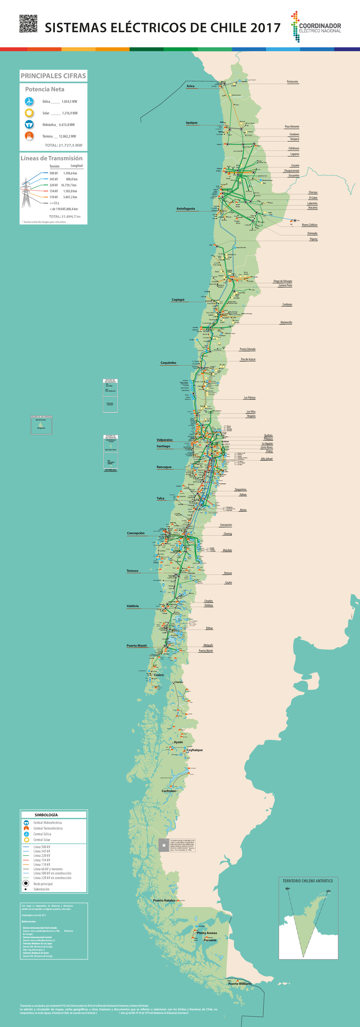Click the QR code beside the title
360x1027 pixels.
[28, 23]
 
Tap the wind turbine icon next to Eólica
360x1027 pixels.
[29, 101]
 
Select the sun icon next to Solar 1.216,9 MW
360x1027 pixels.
[29, 113]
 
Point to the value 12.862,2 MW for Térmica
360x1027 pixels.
[67, 136]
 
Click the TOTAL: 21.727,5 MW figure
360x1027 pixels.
[64, 145]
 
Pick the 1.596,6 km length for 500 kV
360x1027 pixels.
[70, 173]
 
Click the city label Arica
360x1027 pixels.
[190, 86]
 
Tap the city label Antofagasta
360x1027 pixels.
[186, 208]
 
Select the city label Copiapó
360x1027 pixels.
[178, 299]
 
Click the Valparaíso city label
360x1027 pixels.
[165, 440]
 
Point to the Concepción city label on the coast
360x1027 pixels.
[136, 533]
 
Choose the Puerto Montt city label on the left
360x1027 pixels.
[137, 645]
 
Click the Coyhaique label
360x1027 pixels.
[195, 750]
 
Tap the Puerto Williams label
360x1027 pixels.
[240, 984]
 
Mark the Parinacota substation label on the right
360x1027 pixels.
[292, 82]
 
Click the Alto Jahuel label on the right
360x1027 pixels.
[267, 459]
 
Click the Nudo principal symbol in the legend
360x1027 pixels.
[26, 883]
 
